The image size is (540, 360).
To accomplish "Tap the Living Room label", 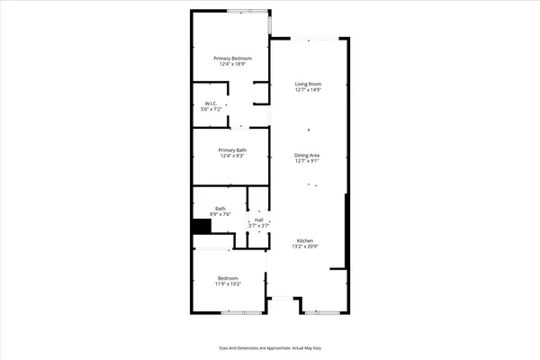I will point(308,85).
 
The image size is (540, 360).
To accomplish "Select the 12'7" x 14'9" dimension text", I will point(308,91).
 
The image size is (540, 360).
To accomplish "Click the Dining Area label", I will point(307,155).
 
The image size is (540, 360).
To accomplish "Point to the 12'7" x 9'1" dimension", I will point(307,161).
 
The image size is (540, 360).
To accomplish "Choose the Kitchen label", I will point(306,240).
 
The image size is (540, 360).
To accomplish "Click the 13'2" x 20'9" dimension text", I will point(306,247).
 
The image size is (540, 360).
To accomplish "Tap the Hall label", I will point(259,219).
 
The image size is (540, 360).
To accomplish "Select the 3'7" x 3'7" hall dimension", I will point(259,225).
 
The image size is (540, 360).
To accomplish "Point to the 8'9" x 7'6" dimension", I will point(220,213).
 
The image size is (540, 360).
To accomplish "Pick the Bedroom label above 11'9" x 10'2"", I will point(228,277).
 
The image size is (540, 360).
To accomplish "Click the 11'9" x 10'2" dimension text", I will point(228,283).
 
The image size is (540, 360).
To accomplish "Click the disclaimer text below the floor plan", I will point(270,346).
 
